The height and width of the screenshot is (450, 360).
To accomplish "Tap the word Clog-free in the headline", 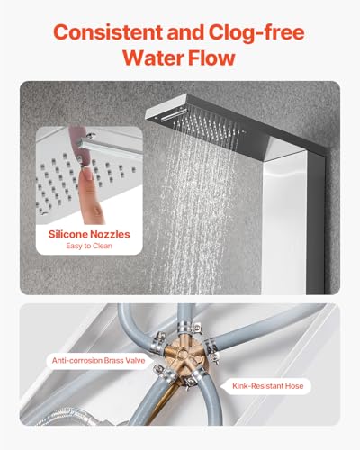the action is tap(256, 32).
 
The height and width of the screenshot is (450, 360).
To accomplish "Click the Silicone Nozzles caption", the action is tap(89, 234).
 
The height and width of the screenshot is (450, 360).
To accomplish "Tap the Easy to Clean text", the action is tap(89, 246).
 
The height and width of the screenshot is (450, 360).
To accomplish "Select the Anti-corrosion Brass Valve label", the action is tap(98, 360).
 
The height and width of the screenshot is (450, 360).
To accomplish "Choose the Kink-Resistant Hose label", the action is tap(268, 386).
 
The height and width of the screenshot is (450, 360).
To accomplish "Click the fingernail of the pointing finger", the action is tap(87, 175).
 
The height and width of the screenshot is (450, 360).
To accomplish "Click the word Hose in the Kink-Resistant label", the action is tap(294, 386).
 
